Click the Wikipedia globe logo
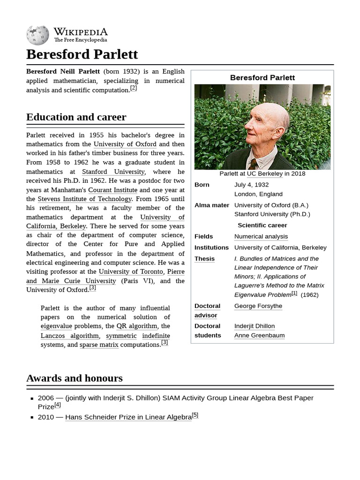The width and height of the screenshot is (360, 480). point(37,35)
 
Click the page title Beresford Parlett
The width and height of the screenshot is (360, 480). point(82,54)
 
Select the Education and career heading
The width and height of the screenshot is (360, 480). point(76,117)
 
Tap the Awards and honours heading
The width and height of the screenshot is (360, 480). point(74,378)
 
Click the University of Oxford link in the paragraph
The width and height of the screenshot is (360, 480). point(125,144)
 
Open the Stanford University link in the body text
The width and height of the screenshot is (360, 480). point(113,172)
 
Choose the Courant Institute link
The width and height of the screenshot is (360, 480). point(112,190)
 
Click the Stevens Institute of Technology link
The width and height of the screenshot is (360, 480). point(84,199)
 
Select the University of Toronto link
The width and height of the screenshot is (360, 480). point(131,271)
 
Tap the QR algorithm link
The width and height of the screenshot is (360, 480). point(136,326)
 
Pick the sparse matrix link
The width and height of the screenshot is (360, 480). point(99,345)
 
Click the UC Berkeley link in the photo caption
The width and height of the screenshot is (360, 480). point(264,174)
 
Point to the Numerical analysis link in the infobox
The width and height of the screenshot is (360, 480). point(261,237)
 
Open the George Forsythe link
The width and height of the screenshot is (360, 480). point(258,306)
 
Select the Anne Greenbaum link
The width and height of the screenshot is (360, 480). point(259,336)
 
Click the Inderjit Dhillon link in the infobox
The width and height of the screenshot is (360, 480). point(255,326)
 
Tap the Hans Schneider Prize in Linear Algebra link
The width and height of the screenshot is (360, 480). point(128,417)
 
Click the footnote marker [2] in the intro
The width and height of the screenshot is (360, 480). point(134,88)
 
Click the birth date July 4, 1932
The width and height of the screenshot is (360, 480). point(251,185)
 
